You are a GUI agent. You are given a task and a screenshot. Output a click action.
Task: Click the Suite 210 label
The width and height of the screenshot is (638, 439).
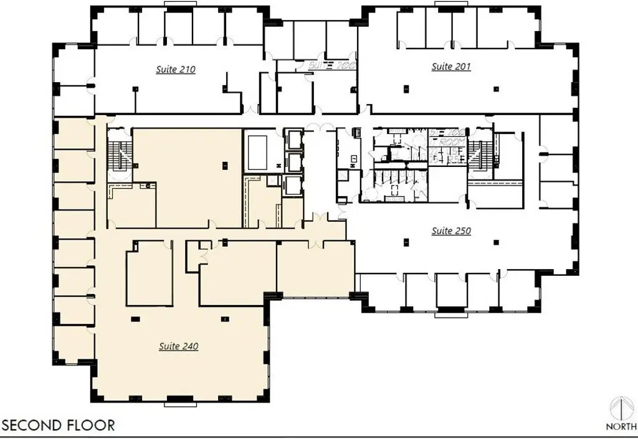175,70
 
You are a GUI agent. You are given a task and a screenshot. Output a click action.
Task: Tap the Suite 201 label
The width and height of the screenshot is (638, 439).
451,67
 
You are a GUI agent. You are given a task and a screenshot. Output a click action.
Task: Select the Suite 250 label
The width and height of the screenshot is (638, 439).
451,231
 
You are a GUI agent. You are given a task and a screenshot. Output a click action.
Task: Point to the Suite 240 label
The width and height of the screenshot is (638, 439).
178,346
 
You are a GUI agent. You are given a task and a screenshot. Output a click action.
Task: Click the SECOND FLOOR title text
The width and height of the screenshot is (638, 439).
59,425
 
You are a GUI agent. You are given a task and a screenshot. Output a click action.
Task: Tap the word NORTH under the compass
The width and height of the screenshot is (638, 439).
621,427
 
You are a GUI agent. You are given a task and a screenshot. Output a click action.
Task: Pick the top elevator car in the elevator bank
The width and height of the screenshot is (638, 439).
292,138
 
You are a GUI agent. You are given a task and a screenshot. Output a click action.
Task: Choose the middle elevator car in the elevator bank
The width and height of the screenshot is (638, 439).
292,162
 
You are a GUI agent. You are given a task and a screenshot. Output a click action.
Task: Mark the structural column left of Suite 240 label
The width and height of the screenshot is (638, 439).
134,318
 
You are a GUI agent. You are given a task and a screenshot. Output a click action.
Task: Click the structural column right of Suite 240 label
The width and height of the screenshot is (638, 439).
224,318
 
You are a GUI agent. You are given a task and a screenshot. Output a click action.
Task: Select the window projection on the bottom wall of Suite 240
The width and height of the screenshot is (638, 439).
179,404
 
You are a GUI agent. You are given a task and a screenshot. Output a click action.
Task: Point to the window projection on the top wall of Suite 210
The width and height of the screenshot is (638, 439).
179,4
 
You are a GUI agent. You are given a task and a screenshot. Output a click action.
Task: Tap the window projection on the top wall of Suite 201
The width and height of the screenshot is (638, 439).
450,4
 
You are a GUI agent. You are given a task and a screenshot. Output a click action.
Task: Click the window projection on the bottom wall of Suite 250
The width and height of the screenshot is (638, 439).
450,314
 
